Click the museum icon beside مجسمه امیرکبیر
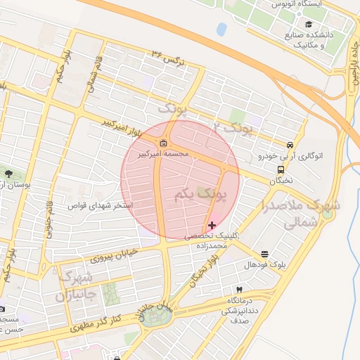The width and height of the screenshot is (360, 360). coord(164,145)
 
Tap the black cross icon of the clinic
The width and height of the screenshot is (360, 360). coord(212,225)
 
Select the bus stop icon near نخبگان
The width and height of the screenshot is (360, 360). coord(281,169)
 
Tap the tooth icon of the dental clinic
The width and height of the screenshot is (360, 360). coord(239,290)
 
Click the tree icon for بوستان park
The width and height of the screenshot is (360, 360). coord(8,174)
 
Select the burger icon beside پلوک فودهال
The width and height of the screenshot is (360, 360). coord(264,254)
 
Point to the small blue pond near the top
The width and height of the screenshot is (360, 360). coord(221,30)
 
